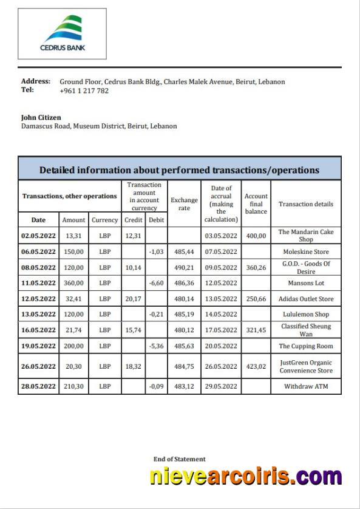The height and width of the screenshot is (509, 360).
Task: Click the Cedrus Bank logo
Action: point(63,33)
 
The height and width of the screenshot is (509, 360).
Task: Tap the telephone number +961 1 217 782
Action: point(84,91)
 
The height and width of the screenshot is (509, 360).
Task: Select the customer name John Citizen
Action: point(41,117)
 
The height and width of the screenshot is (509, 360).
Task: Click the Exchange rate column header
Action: point(184,203)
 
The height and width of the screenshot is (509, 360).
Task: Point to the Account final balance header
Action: point(256,203)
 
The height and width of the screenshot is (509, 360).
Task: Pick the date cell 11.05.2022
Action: point(39,283)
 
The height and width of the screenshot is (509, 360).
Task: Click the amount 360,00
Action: point(73,283)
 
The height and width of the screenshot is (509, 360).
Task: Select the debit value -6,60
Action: point(157,283)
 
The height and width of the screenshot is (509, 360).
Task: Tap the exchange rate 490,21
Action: point(184,267)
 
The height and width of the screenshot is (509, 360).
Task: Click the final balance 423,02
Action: point(256,366)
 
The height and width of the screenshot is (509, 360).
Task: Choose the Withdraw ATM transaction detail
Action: point(306,386)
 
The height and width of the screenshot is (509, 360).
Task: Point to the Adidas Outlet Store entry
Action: point(306,299)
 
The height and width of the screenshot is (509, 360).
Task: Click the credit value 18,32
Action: point(133,366)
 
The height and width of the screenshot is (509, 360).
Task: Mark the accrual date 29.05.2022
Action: point(221,386)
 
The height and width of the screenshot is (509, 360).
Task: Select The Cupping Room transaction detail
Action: point(306,346)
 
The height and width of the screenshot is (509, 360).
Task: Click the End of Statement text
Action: point(179,459)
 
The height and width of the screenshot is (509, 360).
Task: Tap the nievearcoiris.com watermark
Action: point(245,477)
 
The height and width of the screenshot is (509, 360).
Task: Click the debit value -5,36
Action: point(157,346)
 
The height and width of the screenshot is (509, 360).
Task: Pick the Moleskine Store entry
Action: point(306,251)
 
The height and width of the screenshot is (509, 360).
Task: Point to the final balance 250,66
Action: point(256,299)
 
